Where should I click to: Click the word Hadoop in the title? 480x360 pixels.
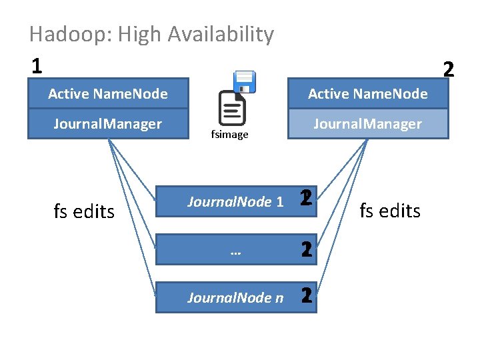(61, 35)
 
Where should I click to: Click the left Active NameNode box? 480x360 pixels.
(108, 94)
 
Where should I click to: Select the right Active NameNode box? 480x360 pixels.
(368, 94)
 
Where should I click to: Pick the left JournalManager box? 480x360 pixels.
(108, 124)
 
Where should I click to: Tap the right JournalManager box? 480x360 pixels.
(368, 124)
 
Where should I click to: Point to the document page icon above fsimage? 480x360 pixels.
(232, 107)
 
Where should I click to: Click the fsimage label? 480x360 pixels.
(229, 135)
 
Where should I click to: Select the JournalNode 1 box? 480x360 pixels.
(227, 201)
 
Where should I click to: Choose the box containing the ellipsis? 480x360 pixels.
(227, 250)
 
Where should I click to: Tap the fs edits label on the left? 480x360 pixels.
(84, 211)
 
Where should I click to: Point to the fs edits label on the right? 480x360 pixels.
(390, 211)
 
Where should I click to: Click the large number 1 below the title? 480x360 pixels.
(37, 65)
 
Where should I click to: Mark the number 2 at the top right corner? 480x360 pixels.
(448, 69)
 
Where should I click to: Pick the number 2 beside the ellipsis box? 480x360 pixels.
(307, 250)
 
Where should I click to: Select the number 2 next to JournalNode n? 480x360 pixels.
(307, 297)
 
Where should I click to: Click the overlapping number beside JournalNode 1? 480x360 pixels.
(306, 199)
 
